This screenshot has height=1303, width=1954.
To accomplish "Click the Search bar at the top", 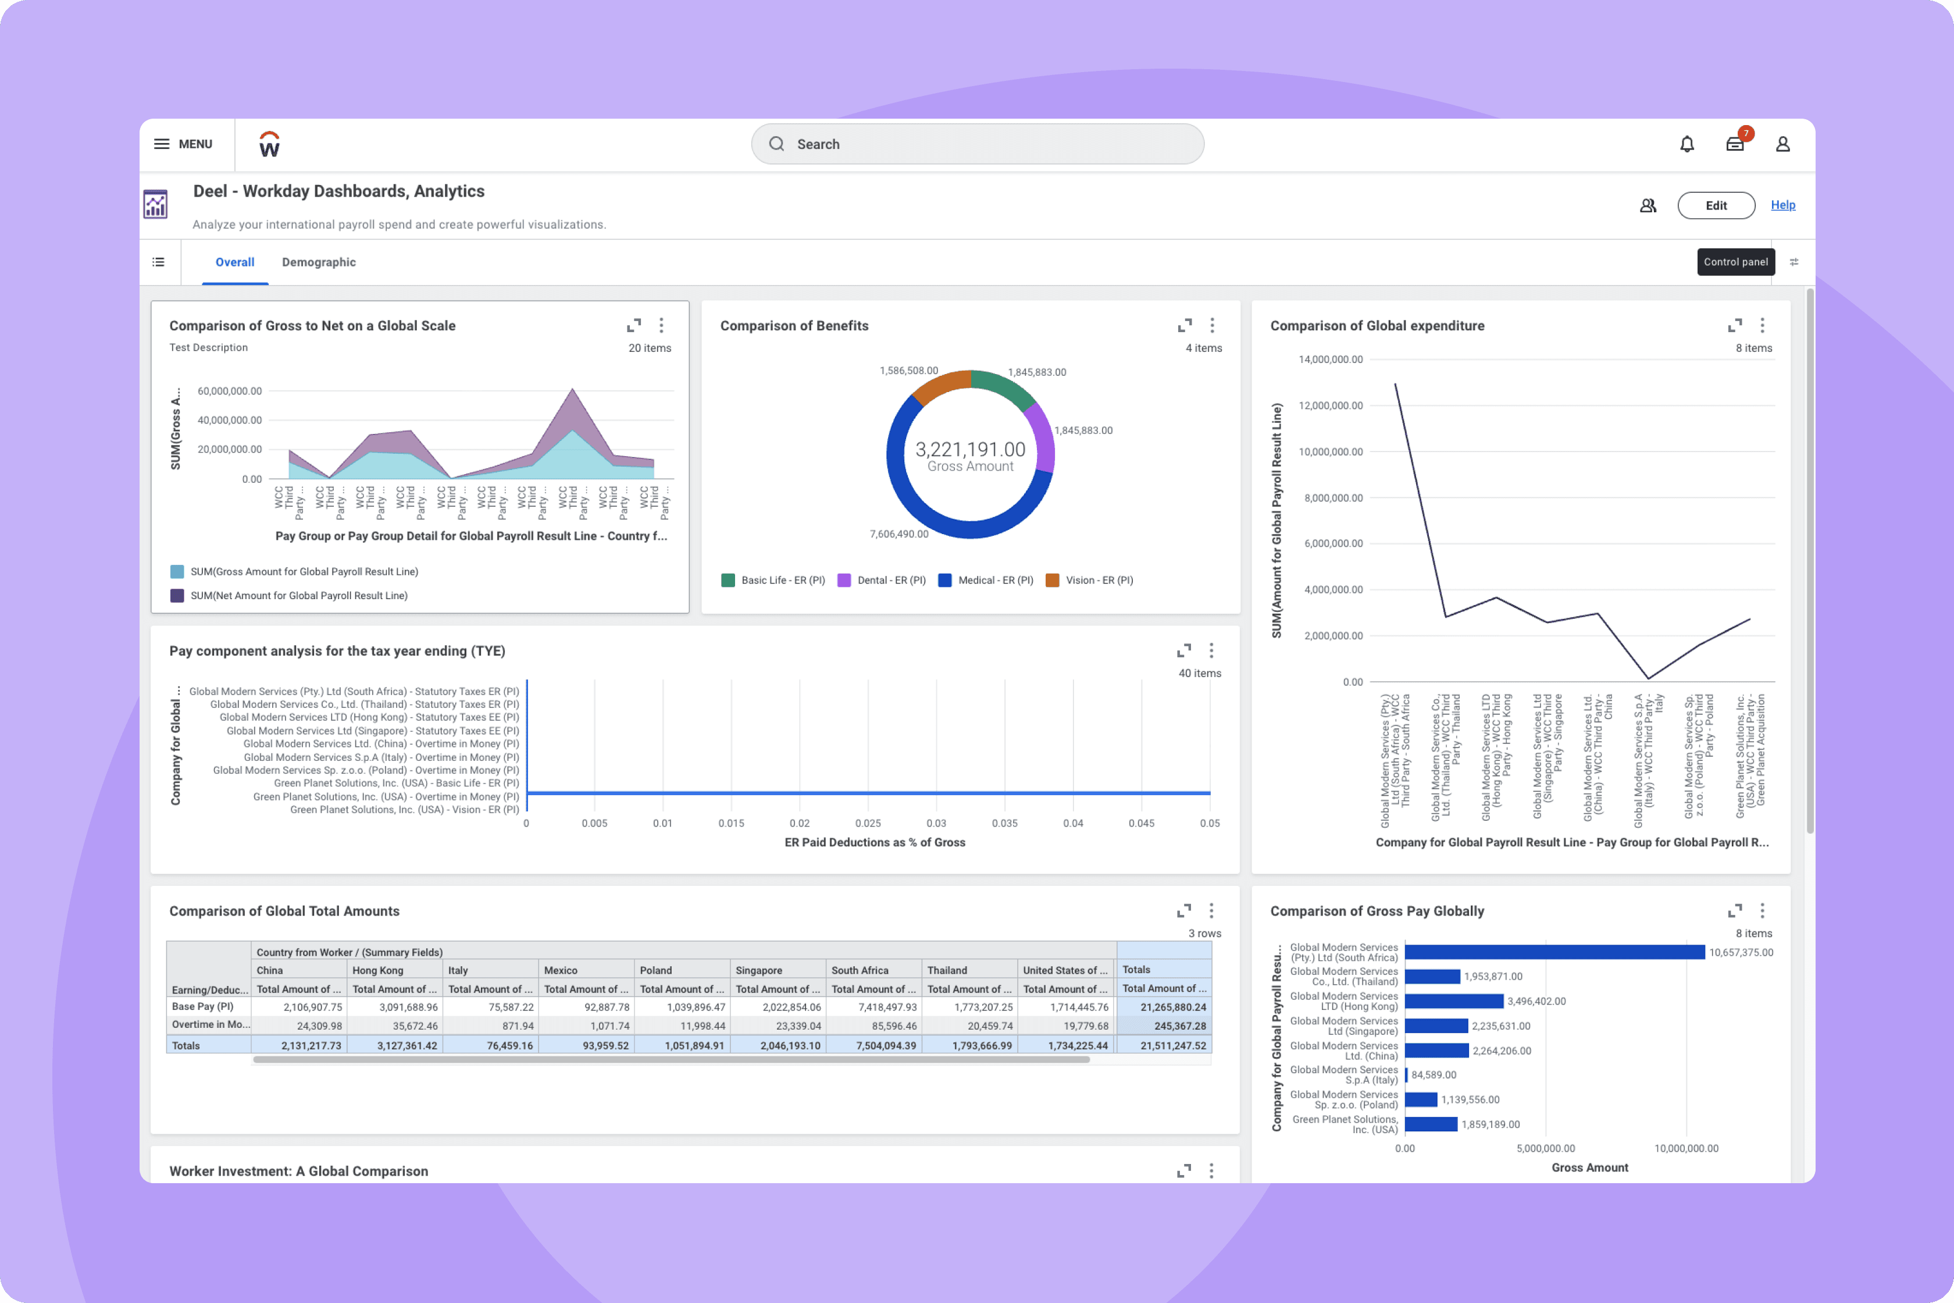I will (977, 144).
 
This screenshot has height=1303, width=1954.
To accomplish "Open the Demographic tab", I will (318, 262).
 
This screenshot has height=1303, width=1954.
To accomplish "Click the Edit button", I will (1716, 205).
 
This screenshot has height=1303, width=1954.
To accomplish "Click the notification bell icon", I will (1686, 144).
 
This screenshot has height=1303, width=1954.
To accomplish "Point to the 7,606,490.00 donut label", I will (899, 533).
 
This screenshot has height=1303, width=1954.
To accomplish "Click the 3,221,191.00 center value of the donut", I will (971, 450).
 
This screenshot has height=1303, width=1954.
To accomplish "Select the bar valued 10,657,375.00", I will (1553, 952).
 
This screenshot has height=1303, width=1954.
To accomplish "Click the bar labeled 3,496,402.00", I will (1454, 1001).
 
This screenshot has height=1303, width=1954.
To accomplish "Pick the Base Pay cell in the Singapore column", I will (778, 1007).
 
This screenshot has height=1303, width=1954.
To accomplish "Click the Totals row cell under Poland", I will (682, 1045).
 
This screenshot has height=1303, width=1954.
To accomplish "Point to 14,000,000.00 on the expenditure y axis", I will (1330, 359).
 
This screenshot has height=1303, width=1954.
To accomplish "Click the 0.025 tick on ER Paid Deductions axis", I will (867, 823).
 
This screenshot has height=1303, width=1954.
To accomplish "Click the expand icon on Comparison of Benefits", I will (1185, 325).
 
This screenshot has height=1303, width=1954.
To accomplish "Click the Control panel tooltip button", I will (1735, 262).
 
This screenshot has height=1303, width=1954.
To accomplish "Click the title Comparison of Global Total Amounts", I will (284, 911).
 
